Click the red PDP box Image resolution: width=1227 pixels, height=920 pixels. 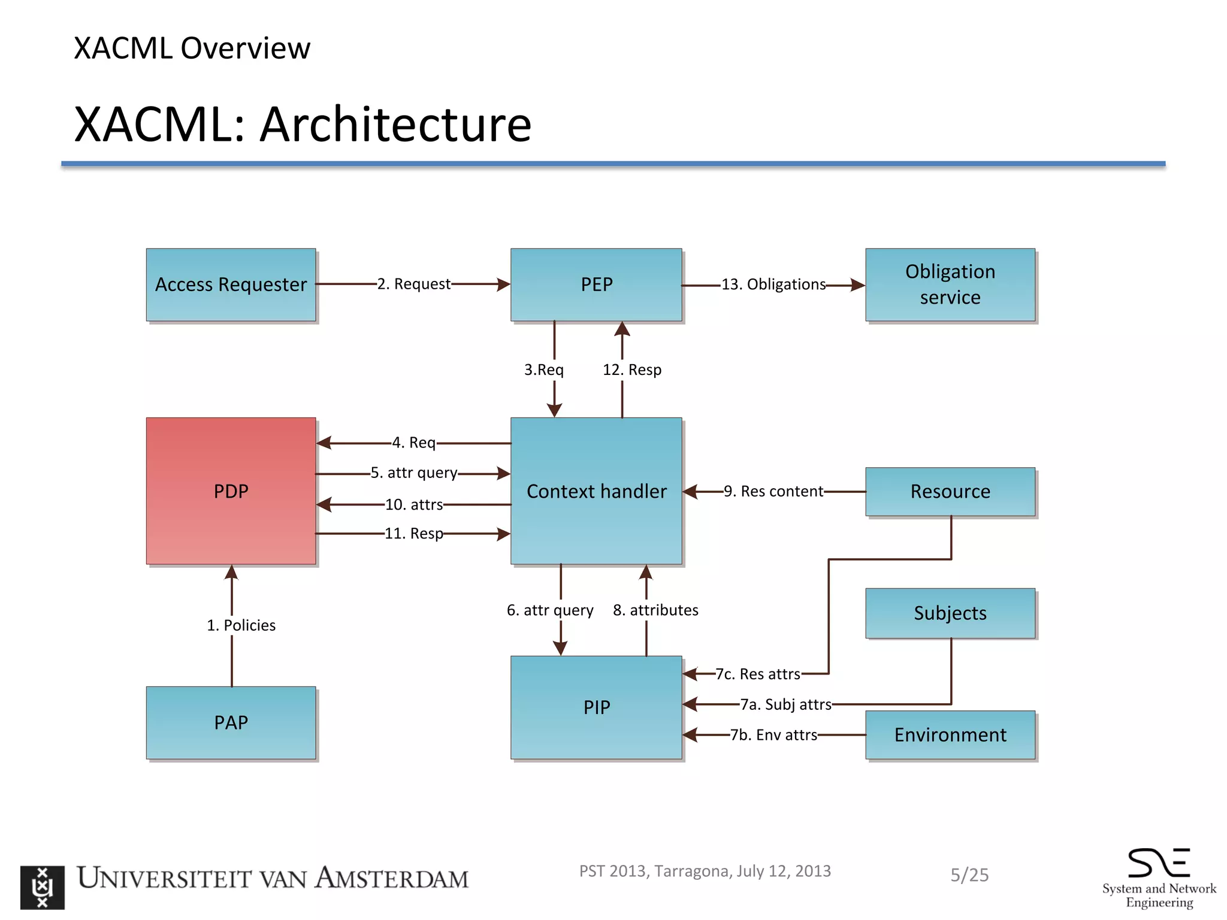231,491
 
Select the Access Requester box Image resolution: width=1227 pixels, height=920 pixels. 231,285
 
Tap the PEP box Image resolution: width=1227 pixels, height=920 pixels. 596,285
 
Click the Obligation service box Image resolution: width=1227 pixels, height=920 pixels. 950,285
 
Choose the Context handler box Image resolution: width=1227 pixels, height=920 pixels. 596,491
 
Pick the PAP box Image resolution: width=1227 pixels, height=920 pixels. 231,722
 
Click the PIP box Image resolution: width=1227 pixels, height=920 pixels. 596,707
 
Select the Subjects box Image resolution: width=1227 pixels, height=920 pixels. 950,613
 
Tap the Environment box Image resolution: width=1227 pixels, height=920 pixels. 950,734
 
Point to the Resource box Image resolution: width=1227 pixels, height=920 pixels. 950,491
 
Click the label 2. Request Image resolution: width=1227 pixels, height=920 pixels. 413,284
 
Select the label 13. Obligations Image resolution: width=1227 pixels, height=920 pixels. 773,285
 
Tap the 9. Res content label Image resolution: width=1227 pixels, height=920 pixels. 773,491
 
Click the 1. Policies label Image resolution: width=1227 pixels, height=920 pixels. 241,625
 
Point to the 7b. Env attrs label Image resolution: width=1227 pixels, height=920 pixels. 773,735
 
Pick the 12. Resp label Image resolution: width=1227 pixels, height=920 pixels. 632,370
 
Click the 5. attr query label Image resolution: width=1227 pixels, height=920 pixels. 413,473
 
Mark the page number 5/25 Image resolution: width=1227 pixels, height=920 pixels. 969,875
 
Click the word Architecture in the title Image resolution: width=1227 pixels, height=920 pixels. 395,125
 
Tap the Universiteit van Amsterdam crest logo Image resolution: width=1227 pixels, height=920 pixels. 42,887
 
